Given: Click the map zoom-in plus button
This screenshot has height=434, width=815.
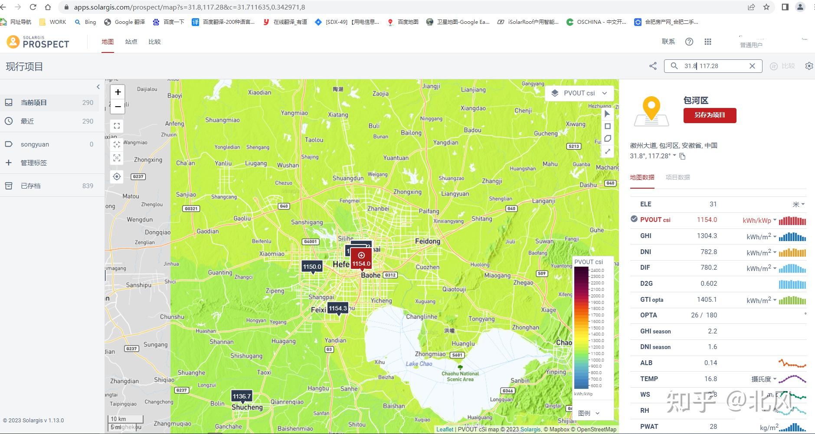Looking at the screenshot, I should pyautogui.click(x=118, y=92).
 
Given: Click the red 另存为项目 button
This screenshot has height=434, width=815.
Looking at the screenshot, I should pyautogui.click(x=710, y=115).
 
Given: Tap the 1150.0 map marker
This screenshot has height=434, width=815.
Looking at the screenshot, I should pyautogui.click(x=312, y=267).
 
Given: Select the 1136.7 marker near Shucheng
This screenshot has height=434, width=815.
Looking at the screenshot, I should pyautogui.click(x=242, y=396).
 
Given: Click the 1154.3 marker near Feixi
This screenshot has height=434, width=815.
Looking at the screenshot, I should pyautogui.click(x=337, y=308).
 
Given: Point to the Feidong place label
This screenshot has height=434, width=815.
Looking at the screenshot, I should pyautogui.click(x=427, y=241).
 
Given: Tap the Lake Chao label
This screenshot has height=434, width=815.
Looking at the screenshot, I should pyautogui.click(x=419, y=364).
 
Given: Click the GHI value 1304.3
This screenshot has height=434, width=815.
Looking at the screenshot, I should pyautogui.click(x=707, y=236).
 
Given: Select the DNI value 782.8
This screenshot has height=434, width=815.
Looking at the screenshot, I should pyautogui.click(x=708, y=252).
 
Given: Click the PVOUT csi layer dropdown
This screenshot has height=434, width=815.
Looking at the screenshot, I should pyautogui.click(x=579, y=93).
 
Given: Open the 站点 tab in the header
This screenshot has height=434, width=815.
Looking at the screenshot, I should pyautogui.click(x=131, y=42).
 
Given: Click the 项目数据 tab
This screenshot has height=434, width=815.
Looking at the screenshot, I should pyautogui.click(x=678, y=177).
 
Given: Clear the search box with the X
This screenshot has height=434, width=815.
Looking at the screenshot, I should pyautogui.click(x=752, y=66).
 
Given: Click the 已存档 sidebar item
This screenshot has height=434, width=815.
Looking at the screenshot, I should pyautogui.click(x=30, y=186).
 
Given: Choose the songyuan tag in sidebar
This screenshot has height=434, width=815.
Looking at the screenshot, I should pyautogui.click(x=35, y=144).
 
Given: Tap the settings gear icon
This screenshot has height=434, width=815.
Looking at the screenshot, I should pyautogui.click(x=809, y=66).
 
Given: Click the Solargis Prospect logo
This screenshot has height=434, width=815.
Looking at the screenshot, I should pyautogui.click(x=38, y=42).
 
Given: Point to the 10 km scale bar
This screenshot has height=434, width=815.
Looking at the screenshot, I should pyautogui.click(x=125, y=419).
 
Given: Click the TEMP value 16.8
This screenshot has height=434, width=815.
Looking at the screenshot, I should pyautogui.click(x=710, y=379).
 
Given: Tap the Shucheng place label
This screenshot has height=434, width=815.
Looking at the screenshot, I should pyautogui.click(x=247, y=408).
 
